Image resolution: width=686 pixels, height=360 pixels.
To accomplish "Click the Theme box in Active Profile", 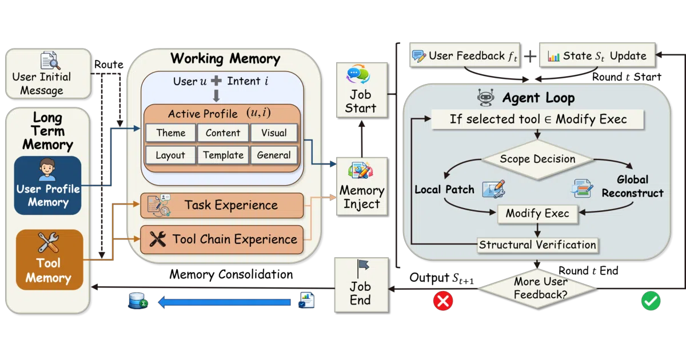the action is tap(170, 133).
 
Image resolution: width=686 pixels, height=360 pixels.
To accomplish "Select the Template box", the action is tap(223, 155).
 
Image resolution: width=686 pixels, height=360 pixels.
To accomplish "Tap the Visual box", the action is tap(274, 133).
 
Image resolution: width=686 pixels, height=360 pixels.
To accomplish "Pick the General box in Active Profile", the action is tap(274, 155).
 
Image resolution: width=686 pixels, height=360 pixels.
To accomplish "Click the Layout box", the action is tap(170, 155).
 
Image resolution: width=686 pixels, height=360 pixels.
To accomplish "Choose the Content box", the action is tap(223, 133).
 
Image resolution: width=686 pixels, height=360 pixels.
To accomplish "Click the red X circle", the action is tap(443, 301).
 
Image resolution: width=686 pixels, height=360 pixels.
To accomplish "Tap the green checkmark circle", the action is tap(651, 301).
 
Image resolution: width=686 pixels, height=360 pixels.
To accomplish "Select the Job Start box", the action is tap(362, 90).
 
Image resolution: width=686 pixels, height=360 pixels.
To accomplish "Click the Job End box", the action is tap(361, 285).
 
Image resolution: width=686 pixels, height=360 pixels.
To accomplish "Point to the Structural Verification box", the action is tap(537, 245).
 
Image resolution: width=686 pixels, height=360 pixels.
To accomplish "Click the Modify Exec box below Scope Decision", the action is tap(537, 213).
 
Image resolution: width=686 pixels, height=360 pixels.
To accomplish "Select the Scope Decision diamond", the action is tap(537, 159).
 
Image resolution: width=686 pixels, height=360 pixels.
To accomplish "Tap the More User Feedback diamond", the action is tap(537, 289).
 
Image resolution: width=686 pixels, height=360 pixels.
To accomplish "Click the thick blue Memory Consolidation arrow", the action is tap(225, 302).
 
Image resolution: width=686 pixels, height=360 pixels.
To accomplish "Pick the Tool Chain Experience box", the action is tap(222, 239).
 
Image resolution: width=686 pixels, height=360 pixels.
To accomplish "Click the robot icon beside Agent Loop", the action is tap(486, 98).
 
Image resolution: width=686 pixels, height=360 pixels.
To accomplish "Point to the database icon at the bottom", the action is tap(138, 301).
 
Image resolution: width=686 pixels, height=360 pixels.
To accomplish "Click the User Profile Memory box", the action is tap(48, 185).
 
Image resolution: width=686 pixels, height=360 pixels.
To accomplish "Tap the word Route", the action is tap(109, 65).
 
